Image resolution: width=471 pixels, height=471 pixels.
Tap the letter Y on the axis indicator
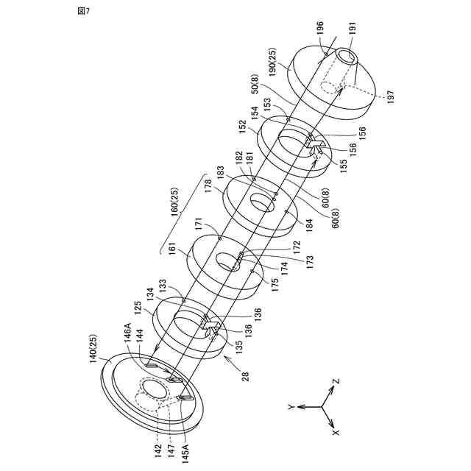(x=292, y=406)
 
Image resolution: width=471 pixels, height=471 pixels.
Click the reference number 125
(x=137, y=305)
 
